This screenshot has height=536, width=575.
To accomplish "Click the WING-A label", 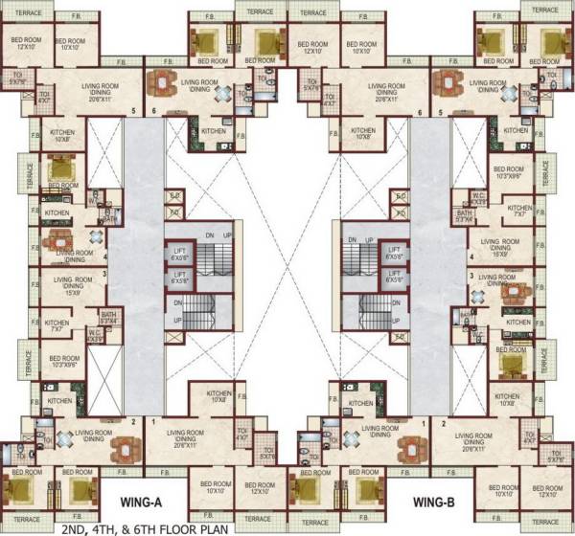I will [x=144, y=501].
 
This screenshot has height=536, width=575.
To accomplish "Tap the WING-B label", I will [x=438, y=501].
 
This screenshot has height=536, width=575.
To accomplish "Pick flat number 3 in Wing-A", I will [x=104, y=275].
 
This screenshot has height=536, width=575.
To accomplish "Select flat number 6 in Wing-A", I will [x=153, y=112].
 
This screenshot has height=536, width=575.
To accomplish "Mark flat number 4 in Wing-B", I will [x=471, y=257].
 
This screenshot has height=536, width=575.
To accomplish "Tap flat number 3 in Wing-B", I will [x=471, y=275].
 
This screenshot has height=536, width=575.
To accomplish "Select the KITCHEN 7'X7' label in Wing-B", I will [x=519, y=211].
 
